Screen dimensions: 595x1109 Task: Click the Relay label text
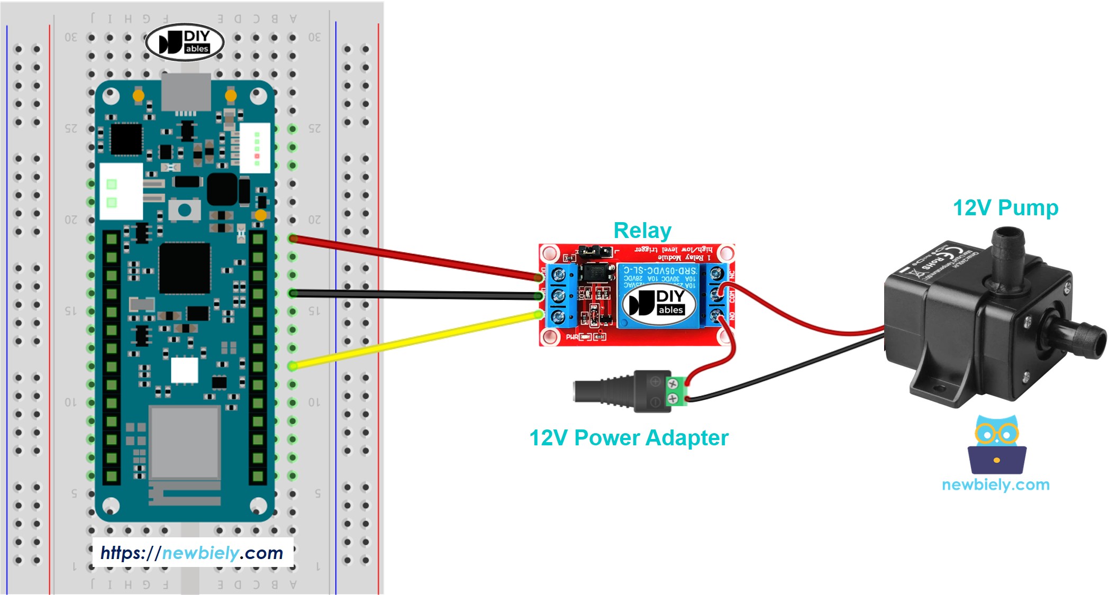642,231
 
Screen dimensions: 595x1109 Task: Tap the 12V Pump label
1005,208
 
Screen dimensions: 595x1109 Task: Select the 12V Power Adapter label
629,438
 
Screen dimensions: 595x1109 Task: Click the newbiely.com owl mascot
997,445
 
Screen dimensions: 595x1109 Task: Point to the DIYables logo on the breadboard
185,42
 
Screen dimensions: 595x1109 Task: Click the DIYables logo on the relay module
659,303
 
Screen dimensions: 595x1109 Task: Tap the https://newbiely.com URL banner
192,553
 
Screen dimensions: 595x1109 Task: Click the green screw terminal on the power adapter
673,391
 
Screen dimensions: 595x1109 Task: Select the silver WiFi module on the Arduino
185,442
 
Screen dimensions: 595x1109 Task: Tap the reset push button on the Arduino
184,210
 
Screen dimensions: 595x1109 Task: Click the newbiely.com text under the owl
995,484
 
